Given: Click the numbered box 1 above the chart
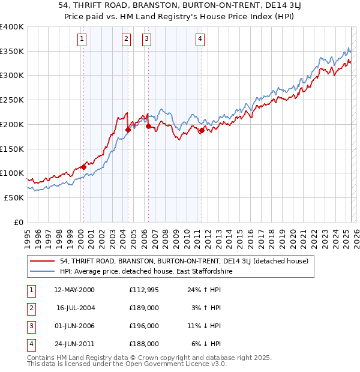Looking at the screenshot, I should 82,40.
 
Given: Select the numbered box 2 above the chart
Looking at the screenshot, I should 126,40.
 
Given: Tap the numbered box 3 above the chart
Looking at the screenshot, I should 146,40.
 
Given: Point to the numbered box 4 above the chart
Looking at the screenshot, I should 200,40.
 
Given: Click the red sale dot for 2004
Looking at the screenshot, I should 128,130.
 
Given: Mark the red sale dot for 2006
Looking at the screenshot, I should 148,126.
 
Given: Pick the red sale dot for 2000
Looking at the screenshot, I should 83,167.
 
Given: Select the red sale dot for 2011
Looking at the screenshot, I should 202,130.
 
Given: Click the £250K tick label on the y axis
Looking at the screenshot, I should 12,100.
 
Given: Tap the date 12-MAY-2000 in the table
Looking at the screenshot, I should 74,290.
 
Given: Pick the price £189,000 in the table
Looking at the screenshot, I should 144,308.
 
